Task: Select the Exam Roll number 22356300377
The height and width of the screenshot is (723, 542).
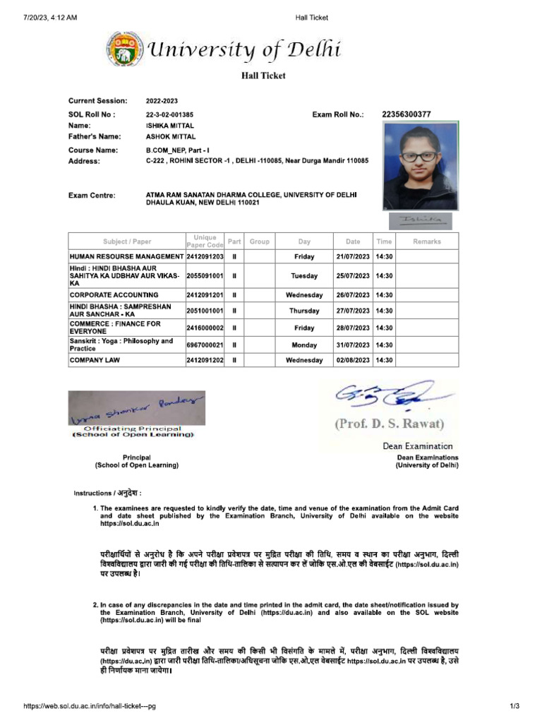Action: coord(406,114)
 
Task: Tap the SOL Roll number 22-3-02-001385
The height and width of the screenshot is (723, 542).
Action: coord(169,114)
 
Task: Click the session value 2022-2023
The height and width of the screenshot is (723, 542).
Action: coord(162,101)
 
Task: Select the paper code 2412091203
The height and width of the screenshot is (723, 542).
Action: coord(205,256)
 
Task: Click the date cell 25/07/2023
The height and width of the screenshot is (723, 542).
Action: coord(353,276)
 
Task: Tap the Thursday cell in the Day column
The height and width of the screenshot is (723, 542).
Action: coord(304,311)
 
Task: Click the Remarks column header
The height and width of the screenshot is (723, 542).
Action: coord(427,241)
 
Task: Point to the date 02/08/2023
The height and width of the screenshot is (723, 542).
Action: coord(353,360)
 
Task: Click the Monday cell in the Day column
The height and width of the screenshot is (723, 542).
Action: coord(304,345)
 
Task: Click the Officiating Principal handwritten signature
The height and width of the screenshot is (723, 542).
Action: coord(137,407)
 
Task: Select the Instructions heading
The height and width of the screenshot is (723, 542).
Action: coord(108,493)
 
